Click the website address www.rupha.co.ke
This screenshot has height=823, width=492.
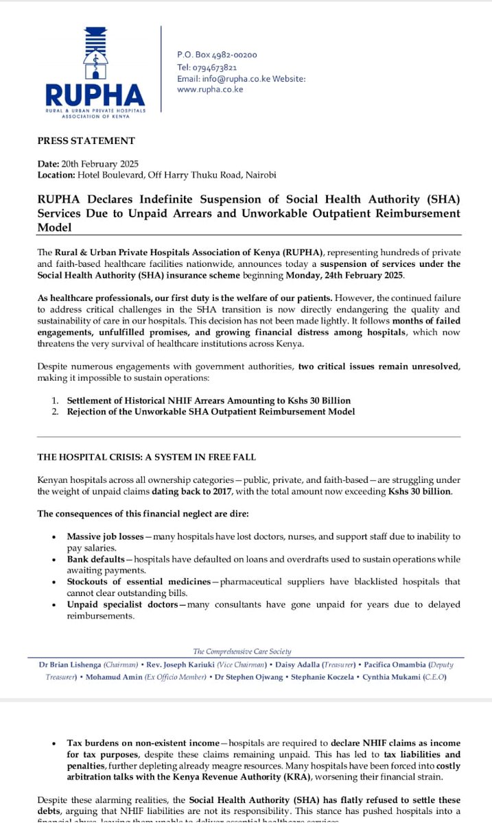[210, 89]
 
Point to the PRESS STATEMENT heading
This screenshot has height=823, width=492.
[86, 141]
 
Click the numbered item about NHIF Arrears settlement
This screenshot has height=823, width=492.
[209, 400]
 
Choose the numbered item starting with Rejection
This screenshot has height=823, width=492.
[211, 411]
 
